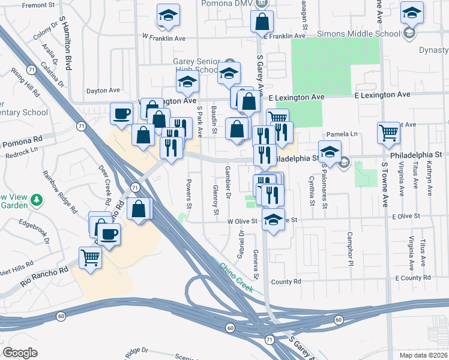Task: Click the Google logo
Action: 20,353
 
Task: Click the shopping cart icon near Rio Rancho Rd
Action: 91,259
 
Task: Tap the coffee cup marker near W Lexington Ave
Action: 122,113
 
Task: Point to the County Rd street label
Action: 285,281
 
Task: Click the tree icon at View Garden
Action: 37,199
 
